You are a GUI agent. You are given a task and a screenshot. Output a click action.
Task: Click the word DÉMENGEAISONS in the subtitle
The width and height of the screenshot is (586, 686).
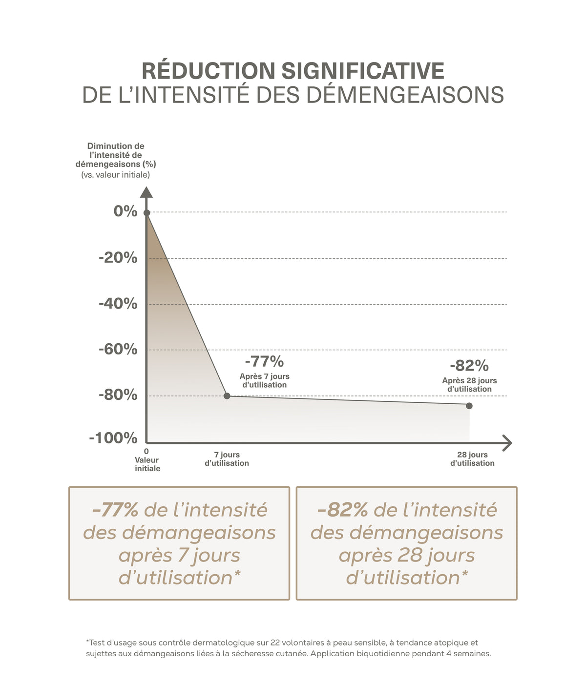pyautogui.click(x=405, y=95)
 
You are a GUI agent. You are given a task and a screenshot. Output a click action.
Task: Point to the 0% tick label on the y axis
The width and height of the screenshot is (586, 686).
pyautogui.click(x=125, y=211)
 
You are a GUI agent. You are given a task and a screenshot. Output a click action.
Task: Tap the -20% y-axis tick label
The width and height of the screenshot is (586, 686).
pyautogui.click(x=118, y=257)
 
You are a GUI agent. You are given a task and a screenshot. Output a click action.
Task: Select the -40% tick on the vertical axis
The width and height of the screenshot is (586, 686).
pyautogui.click(x=118, y=304)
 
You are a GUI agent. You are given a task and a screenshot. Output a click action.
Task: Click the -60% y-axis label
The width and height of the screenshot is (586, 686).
pyautogui.click(x=118, y=350)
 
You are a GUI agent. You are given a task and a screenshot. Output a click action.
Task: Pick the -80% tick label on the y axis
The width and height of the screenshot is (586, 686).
pyautogui.click(x=118, y=395)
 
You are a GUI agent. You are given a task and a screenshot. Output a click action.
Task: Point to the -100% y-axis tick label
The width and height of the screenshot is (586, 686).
pyautogui.click(x=113, y=438)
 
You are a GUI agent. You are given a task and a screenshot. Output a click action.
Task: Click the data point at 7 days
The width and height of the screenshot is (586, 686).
pyautogui.click(x=227, y=395)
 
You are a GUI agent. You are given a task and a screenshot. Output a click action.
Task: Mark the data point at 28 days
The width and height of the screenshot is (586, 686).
pyautogui.click(x=469, y=406)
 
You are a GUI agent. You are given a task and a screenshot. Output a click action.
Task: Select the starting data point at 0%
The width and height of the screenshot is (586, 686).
pyautogui.click(x=146, y=213)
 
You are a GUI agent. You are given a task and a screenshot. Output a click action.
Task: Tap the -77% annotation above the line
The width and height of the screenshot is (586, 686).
pyautogui.click(x=264, y=361)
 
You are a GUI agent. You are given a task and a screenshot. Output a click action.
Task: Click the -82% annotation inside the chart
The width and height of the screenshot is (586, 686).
pyautogui.click(x=469, y=366)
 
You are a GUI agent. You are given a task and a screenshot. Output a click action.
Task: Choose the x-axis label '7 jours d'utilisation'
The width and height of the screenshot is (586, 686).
pyautogui.click(x=227, y=458)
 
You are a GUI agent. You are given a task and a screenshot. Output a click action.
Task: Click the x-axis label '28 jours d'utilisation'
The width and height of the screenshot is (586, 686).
pyautogui.click(x=472, y=458)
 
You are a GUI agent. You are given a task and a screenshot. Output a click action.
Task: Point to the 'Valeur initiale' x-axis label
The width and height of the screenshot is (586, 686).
pyautogui.click(x=147, y=464)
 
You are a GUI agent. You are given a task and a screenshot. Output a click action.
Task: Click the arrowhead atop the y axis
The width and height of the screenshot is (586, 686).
pyautogui.click(x=146, y=192)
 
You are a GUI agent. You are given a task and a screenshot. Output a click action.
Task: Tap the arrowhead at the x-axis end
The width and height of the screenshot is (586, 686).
pyautogui.click(x=507, y=443)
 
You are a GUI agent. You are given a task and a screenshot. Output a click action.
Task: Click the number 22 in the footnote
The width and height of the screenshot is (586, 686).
pyautogui.click(x=275, y=642)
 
